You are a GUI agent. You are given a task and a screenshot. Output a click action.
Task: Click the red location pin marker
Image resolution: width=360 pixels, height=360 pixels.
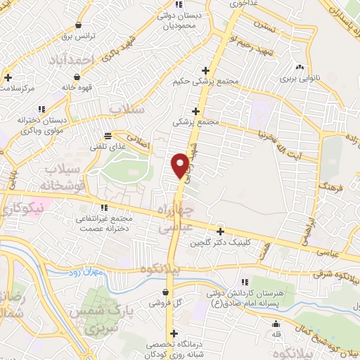click(181, 166)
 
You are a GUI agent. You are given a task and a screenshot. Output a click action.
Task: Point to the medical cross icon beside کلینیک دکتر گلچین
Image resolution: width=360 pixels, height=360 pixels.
click(220, 231)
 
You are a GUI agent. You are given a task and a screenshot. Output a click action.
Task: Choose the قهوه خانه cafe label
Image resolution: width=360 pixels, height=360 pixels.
click(77, 88)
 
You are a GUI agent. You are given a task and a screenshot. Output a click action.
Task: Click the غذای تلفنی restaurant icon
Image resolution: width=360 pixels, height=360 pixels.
click(108, 136)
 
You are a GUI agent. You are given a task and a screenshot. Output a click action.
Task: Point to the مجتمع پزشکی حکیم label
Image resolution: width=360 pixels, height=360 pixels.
click(207, 82)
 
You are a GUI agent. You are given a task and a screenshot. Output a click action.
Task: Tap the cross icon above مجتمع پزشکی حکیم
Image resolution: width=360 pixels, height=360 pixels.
click(205, 70)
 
